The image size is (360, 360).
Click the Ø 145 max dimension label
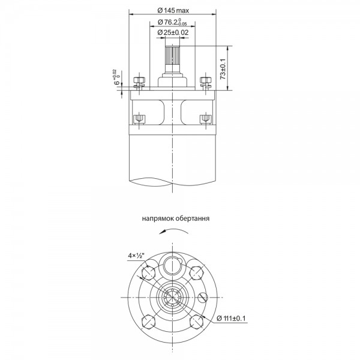(x=173, y=10)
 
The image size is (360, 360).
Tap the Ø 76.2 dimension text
(x=172, y=22)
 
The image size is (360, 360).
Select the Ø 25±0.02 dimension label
(x=173, y=32)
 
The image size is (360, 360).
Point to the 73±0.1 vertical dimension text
(x=223, y=69)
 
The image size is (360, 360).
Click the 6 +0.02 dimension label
(x=117, y=78)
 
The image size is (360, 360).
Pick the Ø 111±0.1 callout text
(x=231, y=318)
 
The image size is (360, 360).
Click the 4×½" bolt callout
(x=136, y=256)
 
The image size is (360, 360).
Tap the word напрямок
(x=158, y=218)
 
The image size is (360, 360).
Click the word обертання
(x=193, y=218)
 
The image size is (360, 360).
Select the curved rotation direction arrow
(x=173, y=229)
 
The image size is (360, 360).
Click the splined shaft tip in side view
(x=172, y=56)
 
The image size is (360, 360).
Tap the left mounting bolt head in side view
(x=139, y=80)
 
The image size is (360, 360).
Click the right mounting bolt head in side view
(x=205, y=80)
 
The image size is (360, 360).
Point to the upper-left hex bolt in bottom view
(x=149, y=273)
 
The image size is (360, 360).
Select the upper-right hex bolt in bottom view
(x=197, y=273)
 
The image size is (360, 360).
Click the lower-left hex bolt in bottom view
(x=149, y=322)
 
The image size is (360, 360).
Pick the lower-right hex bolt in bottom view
(x=197, y=322)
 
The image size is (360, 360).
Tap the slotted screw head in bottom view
(x=203, y=298)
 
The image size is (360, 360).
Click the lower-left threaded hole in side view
(x=139, y=119)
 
